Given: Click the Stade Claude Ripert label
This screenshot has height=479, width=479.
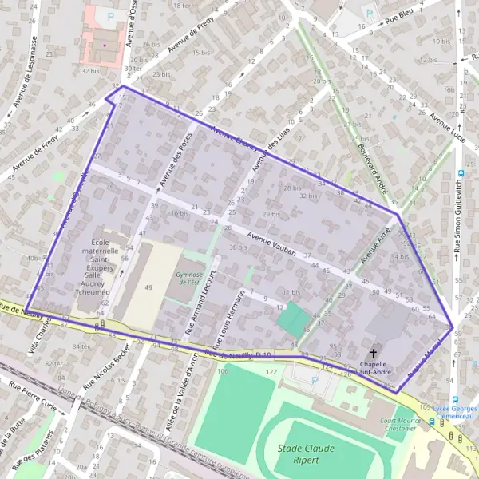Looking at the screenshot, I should pyautogui.click(x=306, y=454).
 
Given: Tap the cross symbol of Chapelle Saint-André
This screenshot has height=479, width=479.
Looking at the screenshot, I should pyautogui.click(x=374, y=354).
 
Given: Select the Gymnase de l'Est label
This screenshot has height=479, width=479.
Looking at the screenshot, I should pyautogui.click(x=190, y=278).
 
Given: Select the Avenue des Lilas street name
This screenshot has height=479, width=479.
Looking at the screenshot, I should pyautogui.click(x=264, y=150).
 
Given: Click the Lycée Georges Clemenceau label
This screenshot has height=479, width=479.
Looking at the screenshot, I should pyautogui.click(x=455, y=410).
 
